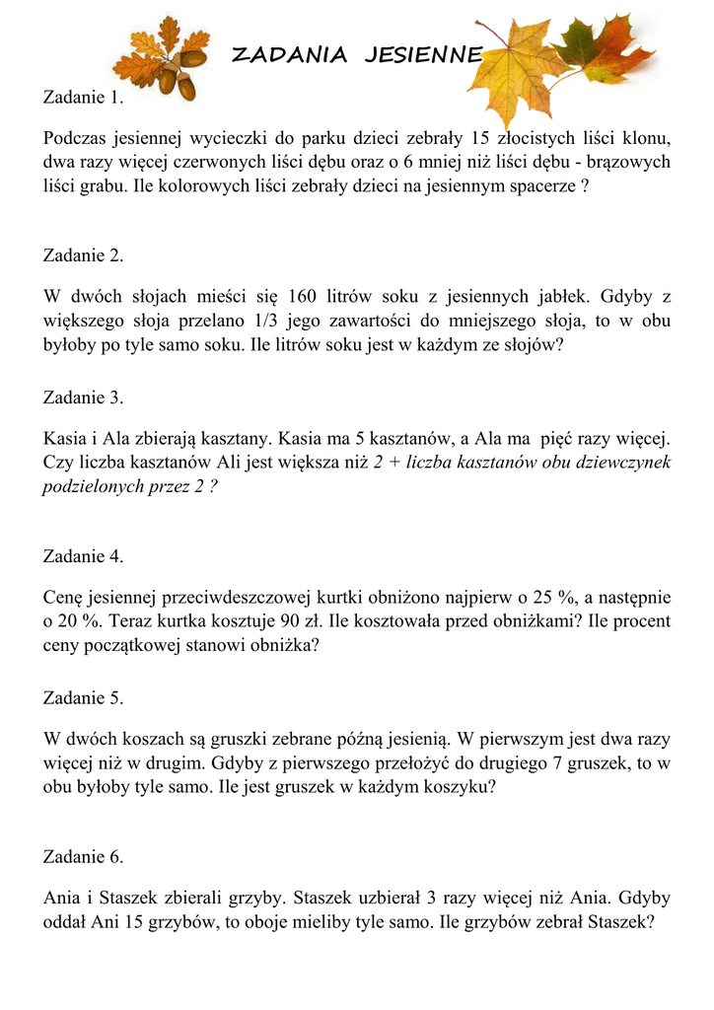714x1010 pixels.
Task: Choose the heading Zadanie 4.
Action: pyautogui.click(x=84, y=556)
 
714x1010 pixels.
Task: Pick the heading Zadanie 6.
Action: pyautogui.click(x=84, y=857)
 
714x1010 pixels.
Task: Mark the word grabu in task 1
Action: pyautogui.click(x=107, y=184)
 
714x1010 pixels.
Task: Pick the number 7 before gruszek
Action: pyautogui.click(x=556, y=764)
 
